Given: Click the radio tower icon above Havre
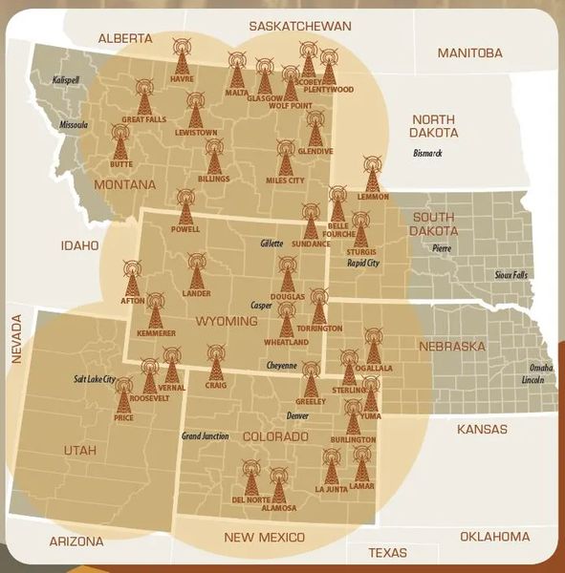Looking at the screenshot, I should pyautogui.click(x=181, y=55).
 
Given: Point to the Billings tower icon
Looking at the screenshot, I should pyautogui.click(x=214, y=156).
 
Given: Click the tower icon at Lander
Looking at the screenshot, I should pyautogui.click(x=196, y=270).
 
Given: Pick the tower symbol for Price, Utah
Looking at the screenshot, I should pyautogui.click(x=123, y=394).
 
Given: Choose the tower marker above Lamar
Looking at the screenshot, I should pyautogui.click(x=361, y=462).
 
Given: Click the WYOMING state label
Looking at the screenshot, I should pyautogui.click(x=227, y=322).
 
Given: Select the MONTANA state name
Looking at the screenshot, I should pyautogui.click(x=125, y=184).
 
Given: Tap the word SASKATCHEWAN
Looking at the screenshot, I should pyautogui.click(x=299, y=26).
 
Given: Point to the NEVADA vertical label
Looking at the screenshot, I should pyautogui.click(x=16, y=339).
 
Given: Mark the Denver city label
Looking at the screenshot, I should pyautogui.click(x=297, y=416).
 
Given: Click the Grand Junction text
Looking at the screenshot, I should pyautogui.click(x=205, y=436).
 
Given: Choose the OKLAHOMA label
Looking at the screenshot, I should pyautogui.click(x=494, y=537).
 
